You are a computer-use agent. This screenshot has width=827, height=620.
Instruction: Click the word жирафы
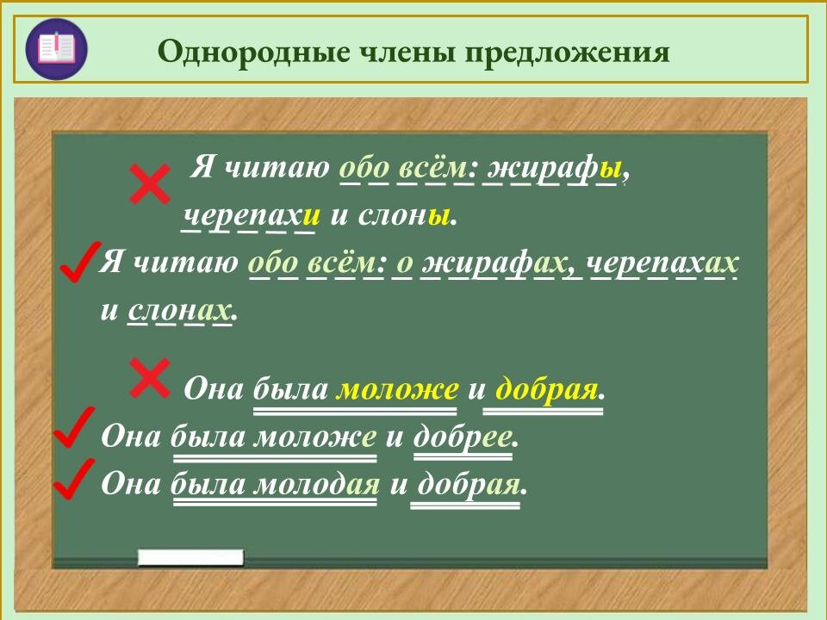(x=551, y=166)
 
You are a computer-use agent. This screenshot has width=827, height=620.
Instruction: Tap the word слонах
(x=180, y=310)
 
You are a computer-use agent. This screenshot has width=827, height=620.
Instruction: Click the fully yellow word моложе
(x=396, y=389)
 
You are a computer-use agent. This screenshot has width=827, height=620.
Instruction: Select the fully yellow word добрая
(x=547, y=389)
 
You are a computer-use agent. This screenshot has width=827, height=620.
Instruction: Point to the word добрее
(x=464, y=437)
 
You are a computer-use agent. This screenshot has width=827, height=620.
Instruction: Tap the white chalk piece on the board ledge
(x=190, y=557)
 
